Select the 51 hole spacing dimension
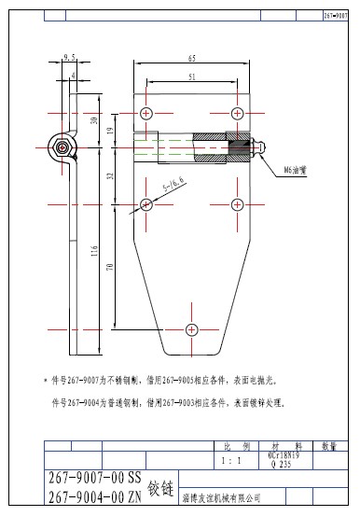click(191, 77)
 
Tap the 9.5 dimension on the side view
click(69, 58)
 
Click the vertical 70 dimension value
click(109, 267)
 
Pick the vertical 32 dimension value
click(109, 174)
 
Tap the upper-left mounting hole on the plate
click(145, 113)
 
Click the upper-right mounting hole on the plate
click(238, 113)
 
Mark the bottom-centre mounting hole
click(191, 329)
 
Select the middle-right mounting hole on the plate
click(238, 204)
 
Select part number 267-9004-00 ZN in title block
click(93, 496)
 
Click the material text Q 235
click(279, 464)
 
